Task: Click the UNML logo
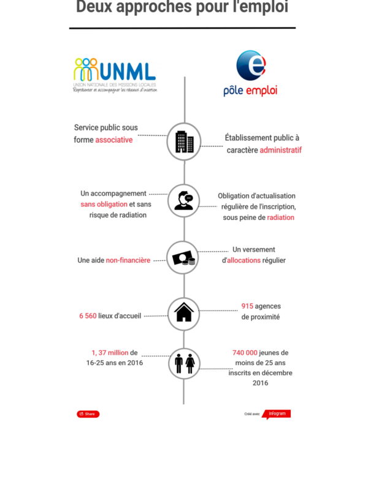tap(115, 75)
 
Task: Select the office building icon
tap(184, 142)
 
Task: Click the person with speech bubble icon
tap(184, 200)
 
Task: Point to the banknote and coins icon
tap(184, 258)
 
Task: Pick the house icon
tap(184, 312)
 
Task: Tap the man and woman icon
tap(184, 363)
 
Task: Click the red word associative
tap(114, 140)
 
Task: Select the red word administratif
tap(280, 150)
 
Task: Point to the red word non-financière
tap(128, 260)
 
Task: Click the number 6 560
tap(88, 316)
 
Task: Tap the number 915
tap(247, 306)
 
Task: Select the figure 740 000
tap(245, 353)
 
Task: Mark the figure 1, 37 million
tap(110, 353)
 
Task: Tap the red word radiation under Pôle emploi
tap(280, 217)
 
